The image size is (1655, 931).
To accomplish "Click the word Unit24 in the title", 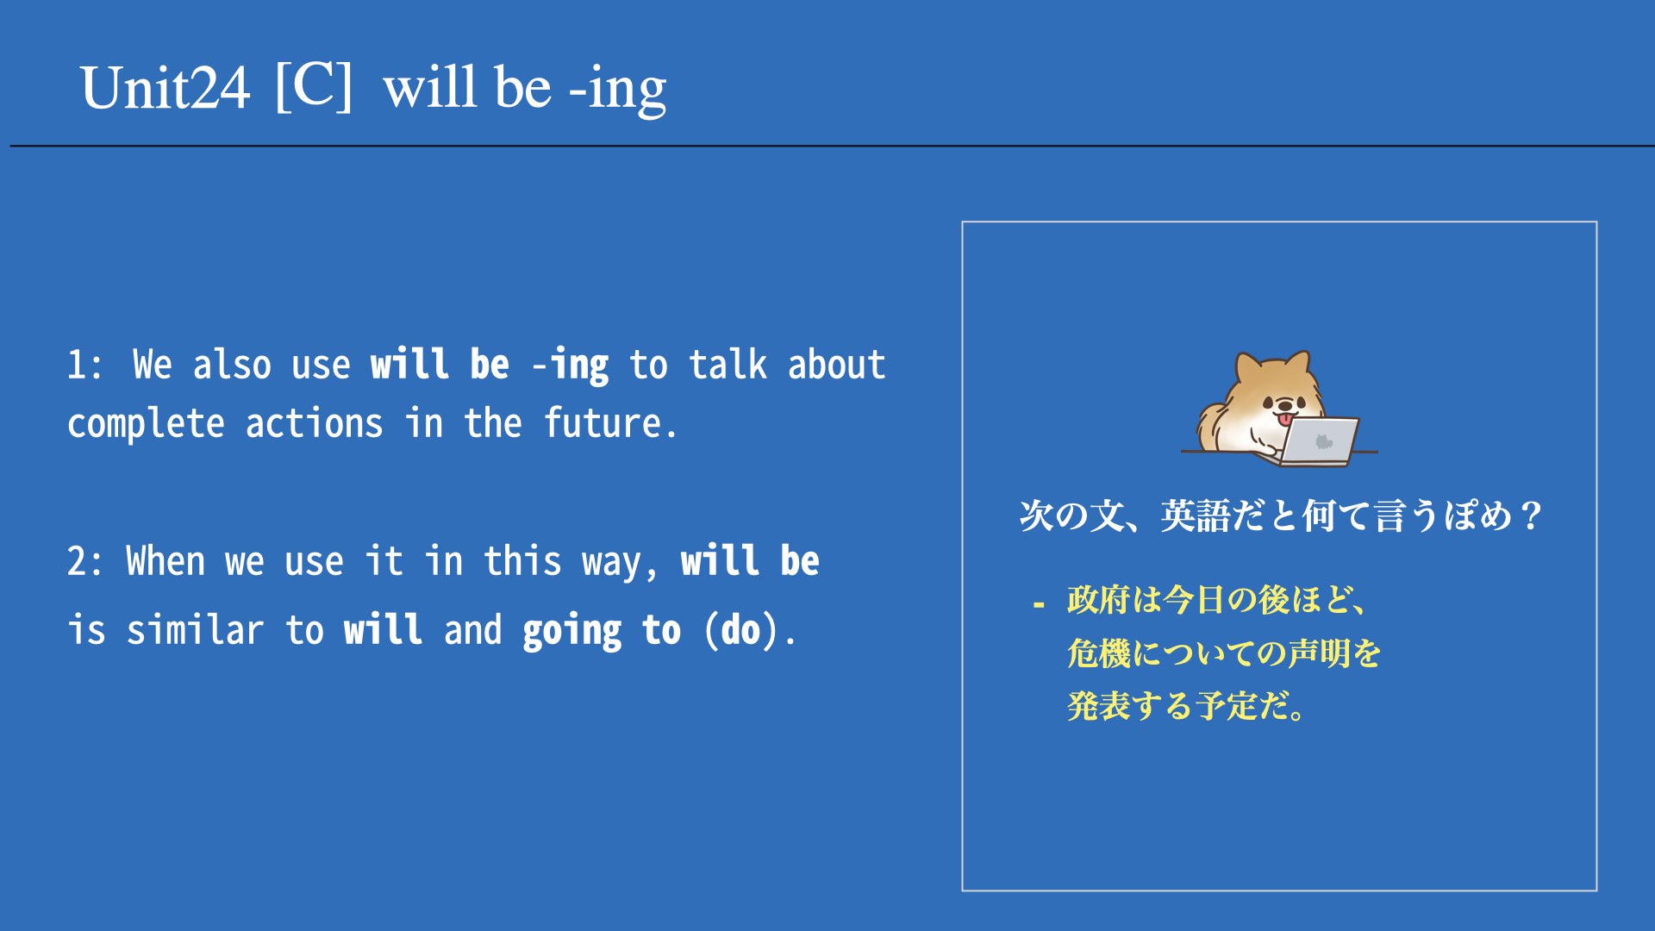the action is point(165,88).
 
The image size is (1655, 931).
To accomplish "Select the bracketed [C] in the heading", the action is point(314,85).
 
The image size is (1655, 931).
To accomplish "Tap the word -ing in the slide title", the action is point(618,91).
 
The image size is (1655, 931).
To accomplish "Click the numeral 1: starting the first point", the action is point(84,365).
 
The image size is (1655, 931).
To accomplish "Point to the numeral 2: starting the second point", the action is point(84,562).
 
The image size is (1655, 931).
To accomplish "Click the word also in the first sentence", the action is point(232,364).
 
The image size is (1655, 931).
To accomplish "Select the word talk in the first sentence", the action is point(728,364).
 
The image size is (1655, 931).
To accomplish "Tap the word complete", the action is point(146,424).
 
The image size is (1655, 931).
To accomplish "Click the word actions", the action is point(315,424).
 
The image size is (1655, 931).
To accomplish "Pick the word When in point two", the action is point(165,561).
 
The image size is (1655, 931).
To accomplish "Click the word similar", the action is point(195,630).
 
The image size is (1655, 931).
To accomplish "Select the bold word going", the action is point(571,633).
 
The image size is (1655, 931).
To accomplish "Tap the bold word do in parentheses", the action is point(740,630).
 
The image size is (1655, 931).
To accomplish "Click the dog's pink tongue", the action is point(1285,419).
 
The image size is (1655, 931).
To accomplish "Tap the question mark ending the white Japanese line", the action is point(1531,516).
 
